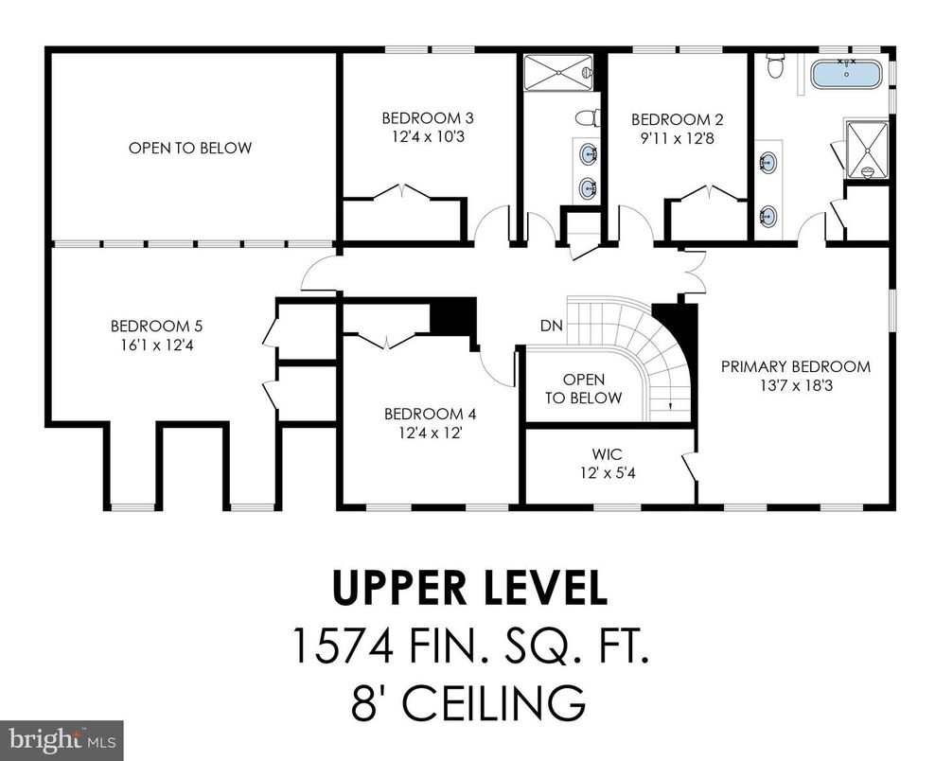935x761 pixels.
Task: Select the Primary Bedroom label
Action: click(795, 366)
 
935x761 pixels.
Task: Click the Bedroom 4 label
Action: click(430, 414)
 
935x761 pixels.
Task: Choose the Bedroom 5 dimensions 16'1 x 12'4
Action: click(152, 345)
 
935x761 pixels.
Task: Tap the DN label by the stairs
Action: click(552, 326)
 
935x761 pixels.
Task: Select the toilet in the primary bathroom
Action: click(776, 65)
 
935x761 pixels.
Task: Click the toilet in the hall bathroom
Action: click(588, 118)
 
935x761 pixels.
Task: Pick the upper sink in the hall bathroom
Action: click(588, 152)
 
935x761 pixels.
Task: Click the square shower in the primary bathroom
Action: click(866, 149)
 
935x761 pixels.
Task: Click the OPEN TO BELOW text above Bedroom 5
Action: click(190, 148)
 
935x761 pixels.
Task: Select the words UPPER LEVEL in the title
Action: click(468, 589)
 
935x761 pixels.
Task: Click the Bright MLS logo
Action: click(62, 739)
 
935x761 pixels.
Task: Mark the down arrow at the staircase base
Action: click(671, 406)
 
